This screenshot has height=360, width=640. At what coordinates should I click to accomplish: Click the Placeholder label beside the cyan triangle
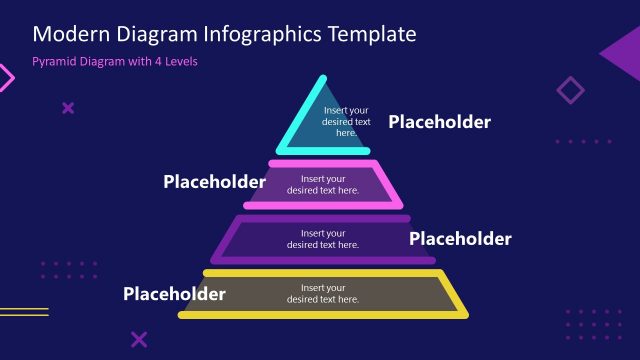point(439,122)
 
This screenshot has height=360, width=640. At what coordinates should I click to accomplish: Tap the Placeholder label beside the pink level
point(214,182)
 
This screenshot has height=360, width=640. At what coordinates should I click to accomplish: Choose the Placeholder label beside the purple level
point(460,239)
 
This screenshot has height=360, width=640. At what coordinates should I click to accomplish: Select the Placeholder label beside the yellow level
point(174,294)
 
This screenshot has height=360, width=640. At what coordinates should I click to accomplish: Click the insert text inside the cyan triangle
point(346,121)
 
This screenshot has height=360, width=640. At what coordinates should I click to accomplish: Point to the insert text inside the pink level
point(322,185)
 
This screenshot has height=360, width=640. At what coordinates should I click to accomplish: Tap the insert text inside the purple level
point(322,239)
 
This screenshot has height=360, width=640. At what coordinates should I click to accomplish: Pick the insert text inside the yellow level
point(322,294)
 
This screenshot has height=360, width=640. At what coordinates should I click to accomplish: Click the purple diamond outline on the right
point(570,91)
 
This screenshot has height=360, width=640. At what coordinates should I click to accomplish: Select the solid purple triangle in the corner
point(623,51)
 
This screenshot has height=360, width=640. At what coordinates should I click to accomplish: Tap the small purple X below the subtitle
point(68,108)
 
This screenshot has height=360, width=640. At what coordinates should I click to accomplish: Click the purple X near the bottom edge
point(139,340)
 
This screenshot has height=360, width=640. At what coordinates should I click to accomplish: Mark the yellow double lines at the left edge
point(22,312)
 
